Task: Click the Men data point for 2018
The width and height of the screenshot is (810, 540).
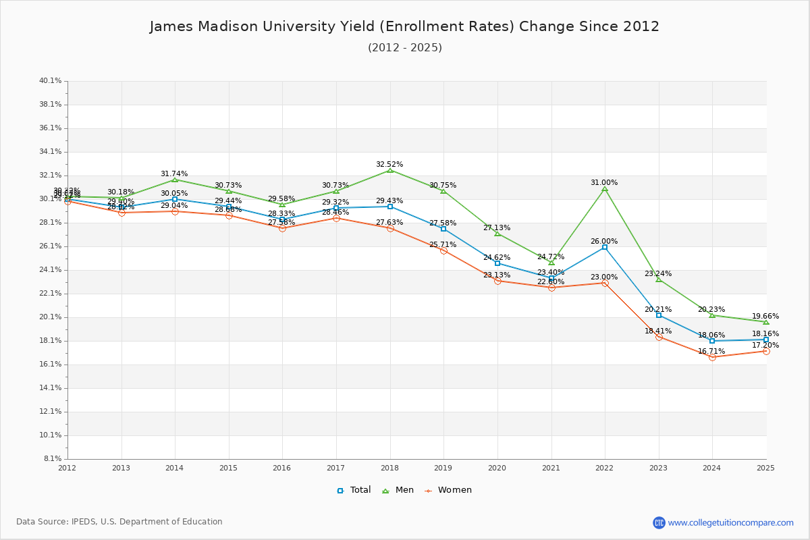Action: click(x=390, y=170)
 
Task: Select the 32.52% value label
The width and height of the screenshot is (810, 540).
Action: click(x=389, y=164)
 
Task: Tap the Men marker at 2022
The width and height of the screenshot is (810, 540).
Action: click(x=605, y=188)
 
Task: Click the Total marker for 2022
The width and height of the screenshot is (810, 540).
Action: click(x=605, y=247)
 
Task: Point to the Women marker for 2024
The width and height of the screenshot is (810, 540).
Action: click(x=712, y=357)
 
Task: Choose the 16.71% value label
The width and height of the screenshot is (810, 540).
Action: click(x=711, y=351)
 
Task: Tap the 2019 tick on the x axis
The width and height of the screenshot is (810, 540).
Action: click(x=443, y=467)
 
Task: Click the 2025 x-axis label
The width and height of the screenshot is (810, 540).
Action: click(x=765, y=467)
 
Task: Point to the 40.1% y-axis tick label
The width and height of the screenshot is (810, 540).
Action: click(x=51, y=81)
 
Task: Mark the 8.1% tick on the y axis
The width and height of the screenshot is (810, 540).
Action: click(x=53, y=459)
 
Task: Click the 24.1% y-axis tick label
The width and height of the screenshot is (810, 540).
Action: click(x=51, y=270)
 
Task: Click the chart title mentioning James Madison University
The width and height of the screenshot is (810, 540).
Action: click(x=404, y=26)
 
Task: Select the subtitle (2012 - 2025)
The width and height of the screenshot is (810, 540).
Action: click(x=404, y=47)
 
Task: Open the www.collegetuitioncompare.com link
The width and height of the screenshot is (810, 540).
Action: click(x=730, y=522)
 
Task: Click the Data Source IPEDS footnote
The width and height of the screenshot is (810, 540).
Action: click(x=119, y=522)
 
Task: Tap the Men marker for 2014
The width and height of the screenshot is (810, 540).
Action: click(x=175, y=180)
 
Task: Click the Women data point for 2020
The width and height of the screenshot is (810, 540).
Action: click(x=497, y=281)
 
